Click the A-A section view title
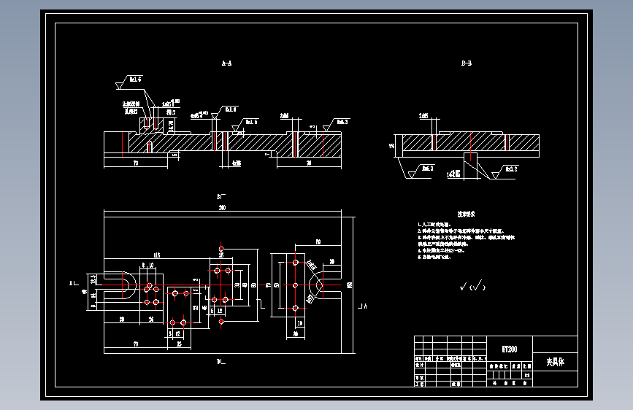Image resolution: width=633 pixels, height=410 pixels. [x=227, y=64]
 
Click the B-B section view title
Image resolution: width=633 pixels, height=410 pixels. [x=467, y=64]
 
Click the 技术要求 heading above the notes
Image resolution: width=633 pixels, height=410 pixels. [x=467, y=214]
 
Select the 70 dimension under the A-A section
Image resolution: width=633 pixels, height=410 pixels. [x=135, y=163]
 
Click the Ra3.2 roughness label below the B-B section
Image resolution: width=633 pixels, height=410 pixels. [x=425, y=169]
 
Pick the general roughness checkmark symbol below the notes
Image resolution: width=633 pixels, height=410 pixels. [x=471, y=287]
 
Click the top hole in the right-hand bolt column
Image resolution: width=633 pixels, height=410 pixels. [x=296, y=260]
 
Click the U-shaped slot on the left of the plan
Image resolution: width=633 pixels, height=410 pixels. [x=124, y=285]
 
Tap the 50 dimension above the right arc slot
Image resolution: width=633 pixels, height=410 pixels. [x=318, y=241]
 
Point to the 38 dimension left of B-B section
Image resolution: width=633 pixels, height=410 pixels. [x=393, y=146]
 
